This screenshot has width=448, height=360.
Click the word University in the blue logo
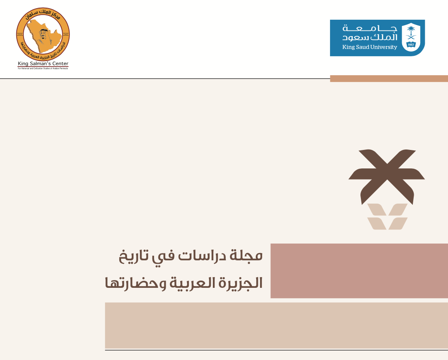[383, 47]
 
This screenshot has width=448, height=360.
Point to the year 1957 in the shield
[411, 44]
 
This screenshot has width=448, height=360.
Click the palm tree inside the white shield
[411, 32]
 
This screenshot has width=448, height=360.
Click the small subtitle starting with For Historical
[43, 68]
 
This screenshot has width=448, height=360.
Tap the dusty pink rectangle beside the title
[359, 271]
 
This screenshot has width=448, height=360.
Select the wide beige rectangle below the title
[276, 325]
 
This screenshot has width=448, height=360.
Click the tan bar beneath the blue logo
[388, 78]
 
